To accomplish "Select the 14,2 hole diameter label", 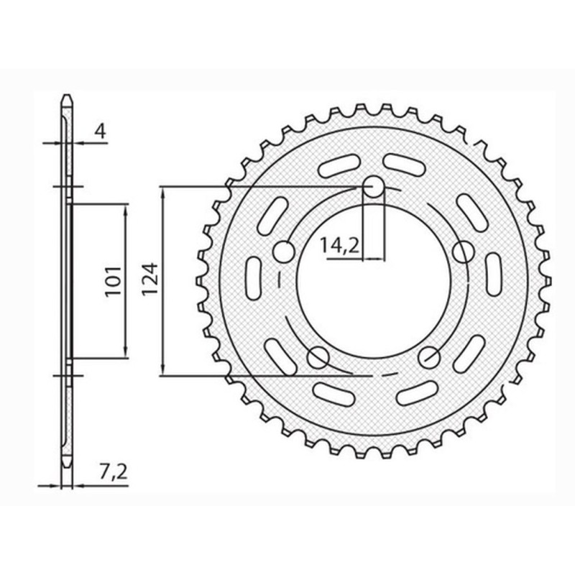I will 340,246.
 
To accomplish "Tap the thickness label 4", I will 101,131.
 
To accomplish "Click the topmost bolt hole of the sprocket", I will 374,188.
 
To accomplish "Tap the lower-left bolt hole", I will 317,356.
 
